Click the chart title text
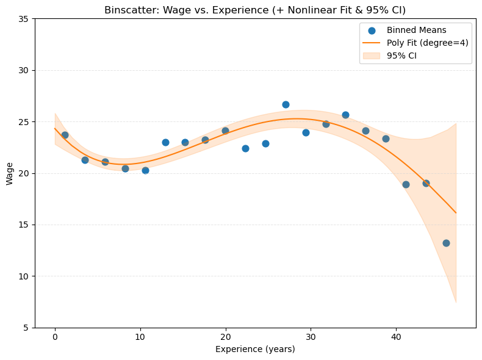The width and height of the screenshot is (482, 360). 255,10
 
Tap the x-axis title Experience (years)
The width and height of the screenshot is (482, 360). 255,349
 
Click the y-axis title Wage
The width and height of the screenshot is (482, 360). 10,173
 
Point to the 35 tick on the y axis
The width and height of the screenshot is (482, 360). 25,19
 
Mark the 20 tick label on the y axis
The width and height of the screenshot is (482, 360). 25,173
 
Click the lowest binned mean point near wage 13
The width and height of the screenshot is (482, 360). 446,243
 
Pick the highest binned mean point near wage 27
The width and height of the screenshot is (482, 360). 286,104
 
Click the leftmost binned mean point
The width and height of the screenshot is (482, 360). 65,135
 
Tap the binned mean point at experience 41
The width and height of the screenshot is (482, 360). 406,184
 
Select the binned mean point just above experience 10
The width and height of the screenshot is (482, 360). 145,170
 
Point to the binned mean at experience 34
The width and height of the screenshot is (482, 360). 345,115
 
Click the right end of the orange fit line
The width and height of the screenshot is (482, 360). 456,213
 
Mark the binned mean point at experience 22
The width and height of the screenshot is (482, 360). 245,148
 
